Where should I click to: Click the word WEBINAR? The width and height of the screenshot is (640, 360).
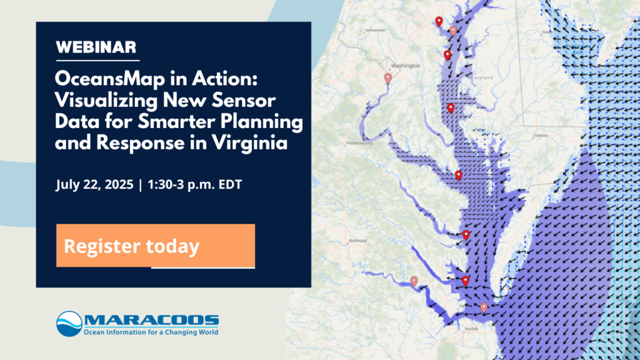coord(96,47)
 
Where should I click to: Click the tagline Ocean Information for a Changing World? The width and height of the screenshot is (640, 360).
coord(151,332)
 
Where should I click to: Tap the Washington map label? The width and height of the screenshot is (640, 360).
coord(407,65)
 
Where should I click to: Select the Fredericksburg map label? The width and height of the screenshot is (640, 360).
coord(359,142)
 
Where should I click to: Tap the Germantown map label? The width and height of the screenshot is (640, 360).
coord(375,30)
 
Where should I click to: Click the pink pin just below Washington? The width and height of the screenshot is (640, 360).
coord(388,78)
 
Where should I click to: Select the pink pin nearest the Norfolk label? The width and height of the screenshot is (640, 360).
coord(483,307)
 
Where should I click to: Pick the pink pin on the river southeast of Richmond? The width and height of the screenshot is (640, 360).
coord(414,281)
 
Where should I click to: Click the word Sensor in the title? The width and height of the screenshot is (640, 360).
coord(249,101)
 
